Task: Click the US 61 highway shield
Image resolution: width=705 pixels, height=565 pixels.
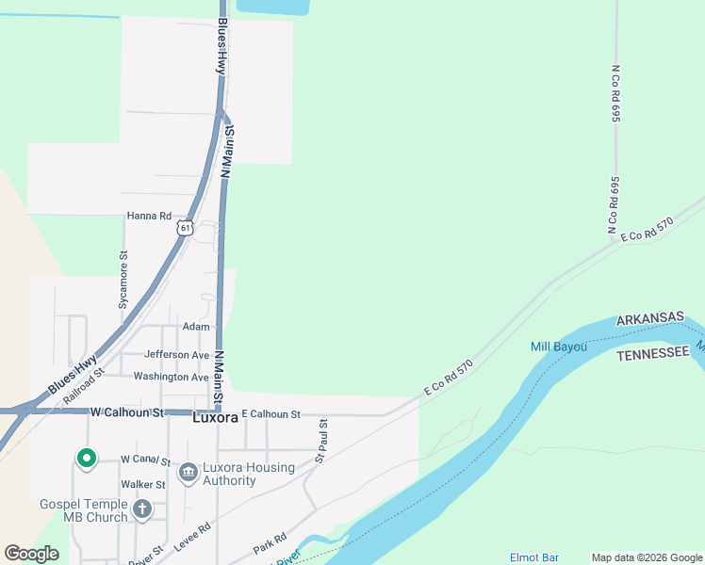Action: [x=185, y=228]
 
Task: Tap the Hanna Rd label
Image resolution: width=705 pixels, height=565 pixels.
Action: [x=149, y=216]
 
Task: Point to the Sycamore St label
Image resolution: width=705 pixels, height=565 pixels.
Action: [x=123, y=280]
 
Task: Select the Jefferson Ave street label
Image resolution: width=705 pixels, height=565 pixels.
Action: [x=176, y=355]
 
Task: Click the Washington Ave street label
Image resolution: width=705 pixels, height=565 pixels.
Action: [x=171, y=377]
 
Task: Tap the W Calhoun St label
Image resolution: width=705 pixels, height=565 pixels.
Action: [x=127, y=412]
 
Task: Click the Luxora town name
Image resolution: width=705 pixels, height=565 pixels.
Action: [x=215, y=416]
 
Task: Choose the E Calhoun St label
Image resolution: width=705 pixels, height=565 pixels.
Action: [x=271, y=413]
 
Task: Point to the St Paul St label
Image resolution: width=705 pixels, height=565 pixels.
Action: [x=320, y=441]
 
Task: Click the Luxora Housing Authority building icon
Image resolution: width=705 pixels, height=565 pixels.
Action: [x=188, y=470]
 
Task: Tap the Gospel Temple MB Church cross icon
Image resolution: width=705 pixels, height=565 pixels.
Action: [x=141, y=509]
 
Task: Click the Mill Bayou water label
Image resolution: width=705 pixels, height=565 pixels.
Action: [x=558, y=347]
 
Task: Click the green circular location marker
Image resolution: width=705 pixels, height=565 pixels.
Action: [x=86, y=459]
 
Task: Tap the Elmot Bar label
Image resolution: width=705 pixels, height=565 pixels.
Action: [x=534, y=557]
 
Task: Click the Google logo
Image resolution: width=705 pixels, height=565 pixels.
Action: [x=32, y=554]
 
